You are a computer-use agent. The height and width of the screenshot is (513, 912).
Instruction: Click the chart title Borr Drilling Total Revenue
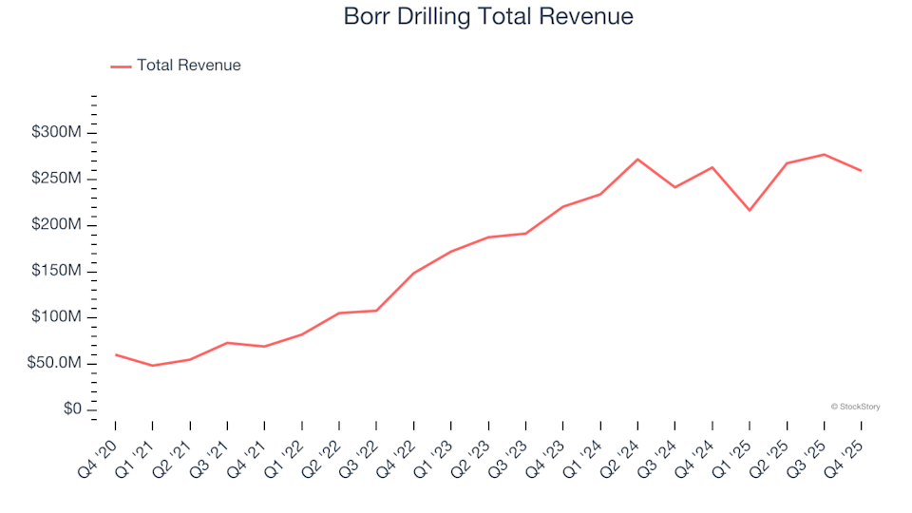(488, 16)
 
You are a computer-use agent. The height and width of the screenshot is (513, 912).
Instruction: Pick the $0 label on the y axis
(72, 409)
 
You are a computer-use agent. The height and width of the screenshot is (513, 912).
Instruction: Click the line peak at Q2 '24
(637, 160)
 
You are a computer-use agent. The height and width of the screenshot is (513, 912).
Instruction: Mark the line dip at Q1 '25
(750, 210)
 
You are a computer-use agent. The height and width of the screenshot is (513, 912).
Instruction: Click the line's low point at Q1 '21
(152, 366)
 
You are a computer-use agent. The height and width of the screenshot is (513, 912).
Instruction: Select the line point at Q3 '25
(824, 154)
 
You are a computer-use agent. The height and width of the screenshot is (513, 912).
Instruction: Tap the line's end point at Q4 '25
(861, 171)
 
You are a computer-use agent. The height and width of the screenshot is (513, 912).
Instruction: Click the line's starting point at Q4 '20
(115, 354)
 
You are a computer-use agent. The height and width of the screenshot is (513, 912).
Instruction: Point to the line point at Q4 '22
(413, 274)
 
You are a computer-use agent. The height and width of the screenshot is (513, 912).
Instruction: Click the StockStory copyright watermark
(855, 407)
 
